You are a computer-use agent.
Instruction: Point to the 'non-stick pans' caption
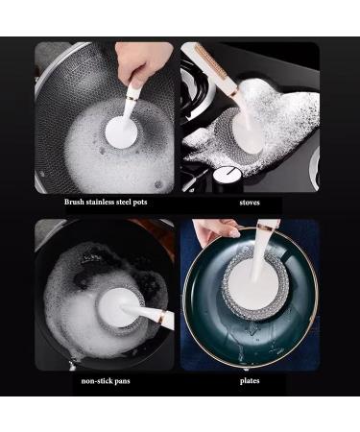coord(107,380)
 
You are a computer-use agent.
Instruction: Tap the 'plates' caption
coord(250,380)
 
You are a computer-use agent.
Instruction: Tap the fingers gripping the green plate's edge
coord(215,230)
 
